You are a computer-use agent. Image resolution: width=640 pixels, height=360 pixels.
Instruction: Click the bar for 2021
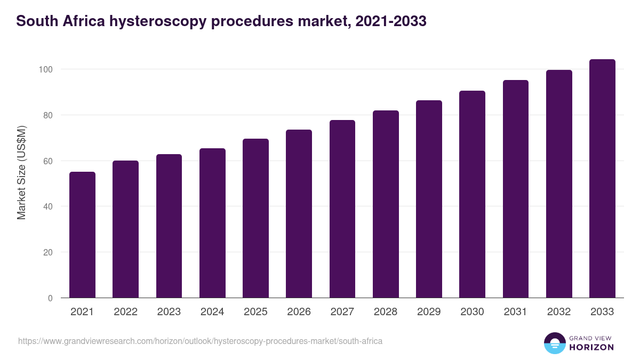coord(82,235)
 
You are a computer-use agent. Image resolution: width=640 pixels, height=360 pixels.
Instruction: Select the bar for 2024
coord(212,223)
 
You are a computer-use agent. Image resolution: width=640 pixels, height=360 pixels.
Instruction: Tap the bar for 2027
coord(342,209)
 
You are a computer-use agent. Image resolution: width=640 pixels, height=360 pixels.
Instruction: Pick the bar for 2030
coord(472,194)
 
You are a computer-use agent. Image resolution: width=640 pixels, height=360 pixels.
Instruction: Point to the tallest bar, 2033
coord(602,179)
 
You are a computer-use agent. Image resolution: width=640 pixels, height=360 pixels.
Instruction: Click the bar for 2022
coord(125,229)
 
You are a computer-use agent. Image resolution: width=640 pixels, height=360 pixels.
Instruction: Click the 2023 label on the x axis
coord(169,312)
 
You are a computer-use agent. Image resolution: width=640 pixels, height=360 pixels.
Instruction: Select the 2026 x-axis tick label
coord(299,312)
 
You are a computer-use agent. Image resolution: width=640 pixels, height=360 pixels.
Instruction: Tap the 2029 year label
coord(429,312)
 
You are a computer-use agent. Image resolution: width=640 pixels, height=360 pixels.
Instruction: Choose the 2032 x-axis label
coord(559,312)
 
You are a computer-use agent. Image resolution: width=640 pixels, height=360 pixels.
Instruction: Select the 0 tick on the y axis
coord(50,298)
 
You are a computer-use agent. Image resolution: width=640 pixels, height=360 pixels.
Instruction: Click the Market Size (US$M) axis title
coord(21,172)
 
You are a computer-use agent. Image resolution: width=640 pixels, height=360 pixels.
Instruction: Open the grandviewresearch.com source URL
coord(200,341)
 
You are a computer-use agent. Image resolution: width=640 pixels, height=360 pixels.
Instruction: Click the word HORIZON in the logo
coord(591,347)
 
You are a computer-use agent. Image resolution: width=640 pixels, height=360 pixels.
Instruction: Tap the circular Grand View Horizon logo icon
coord(554,343)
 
